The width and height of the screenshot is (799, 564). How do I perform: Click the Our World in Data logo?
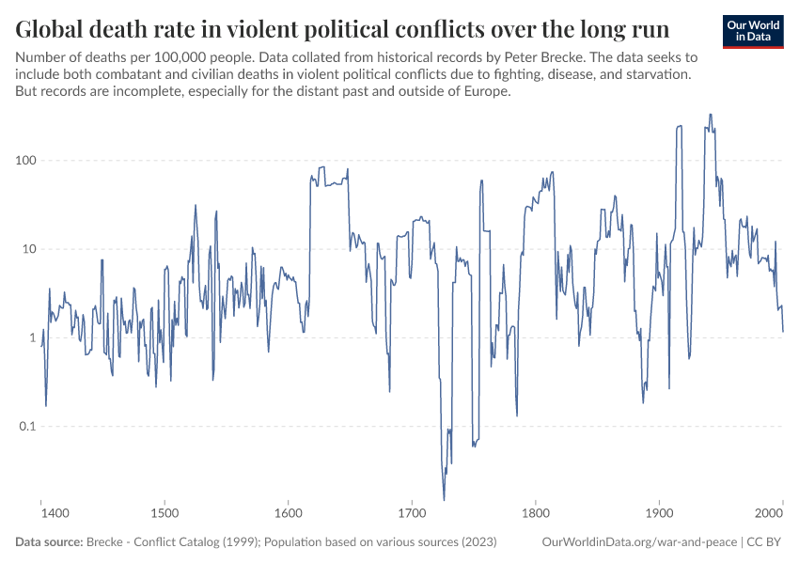click(752, 31)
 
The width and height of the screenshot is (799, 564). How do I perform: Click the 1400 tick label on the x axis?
click(55, 514)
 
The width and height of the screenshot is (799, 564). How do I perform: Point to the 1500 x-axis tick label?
click(164, 514)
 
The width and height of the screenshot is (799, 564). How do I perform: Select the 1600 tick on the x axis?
click(288, 514)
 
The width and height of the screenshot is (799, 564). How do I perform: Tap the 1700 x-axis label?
click(412, 514)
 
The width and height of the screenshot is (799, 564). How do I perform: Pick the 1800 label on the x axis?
click(536, 514)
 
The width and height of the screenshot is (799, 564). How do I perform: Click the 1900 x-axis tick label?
click(659, 514)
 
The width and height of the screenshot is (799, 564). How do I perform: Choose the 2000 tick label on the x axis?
click(770, 514)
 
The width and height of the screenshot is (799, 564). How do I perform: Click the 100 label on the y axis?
click(24, 161)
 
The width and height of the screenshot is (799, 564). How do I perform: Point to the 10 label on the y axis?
click(28, 249)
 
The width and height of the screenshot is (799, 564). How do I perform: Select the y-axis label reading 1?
click(31, 337)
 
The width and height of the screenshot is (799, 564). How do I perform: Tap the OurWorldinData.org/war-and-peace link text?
click(637, 542)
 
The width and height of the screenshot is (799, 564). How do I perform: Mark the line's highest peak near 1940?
click(710, 115)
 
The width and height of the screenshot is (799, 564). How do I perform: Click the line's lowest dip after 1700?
click(444, 499)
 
